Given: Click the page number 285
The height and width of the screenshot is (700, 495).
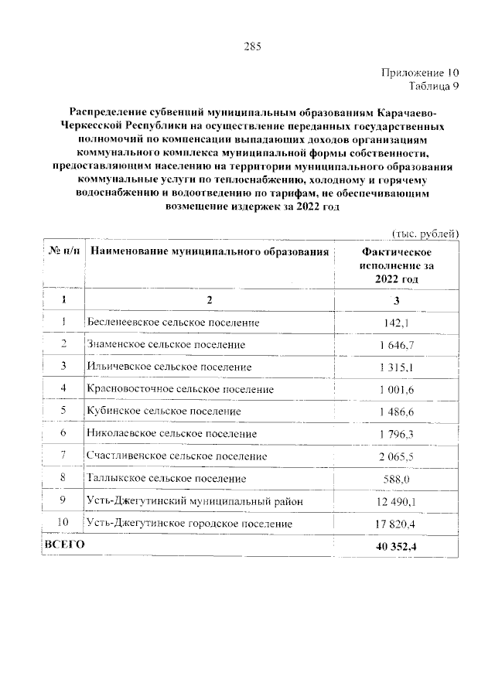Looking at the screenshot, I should [x=253, y=46].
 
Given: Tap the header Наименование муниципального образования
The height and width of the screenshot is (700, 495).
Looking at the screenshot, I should [x=209, y=252].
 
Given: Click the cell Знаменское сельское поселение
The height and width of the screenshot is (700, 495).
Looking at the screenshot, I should [x=167, y=344].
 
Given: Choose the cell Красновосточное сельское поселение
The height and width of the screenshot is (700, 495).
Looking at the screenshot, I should [x=181, y=389].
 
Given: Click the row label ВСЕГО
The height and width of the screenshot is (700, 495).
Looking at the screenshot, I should [x=64, y=545].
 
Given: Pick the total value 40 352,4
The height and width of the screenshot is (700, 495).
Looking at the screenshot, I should [x=397, y=547].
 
